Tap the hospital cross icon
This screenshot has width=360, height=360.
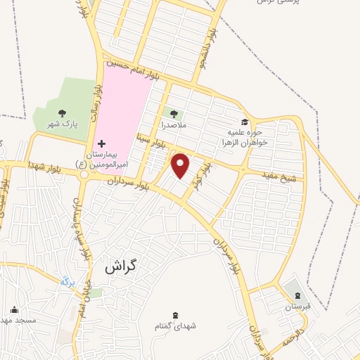[101, 143]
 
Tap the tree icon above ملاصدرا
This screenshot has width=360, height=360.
[172, 112]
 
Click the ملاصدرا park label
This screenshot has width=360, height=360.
[172, 124]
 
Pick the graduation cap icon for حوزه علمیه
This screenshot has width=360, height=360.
[245, 122]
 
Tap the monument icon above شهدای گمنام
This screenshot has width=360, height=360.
[175, 314]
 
